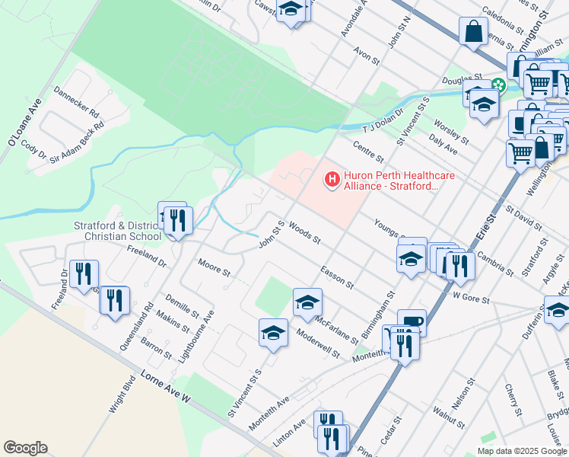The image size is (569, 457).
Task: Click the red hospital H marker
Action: [332, 181]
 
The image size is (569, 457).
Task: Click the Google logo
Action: [25, 448]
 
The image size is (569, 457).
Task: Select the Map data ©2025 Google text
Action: [522, 451]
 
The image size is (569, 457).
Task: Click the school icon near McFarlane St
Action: [307, 302]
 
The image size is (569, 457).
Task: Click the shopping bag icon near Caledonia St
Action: [473, 32]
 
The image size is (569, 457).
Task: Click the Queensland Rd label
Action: [135, 329]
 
